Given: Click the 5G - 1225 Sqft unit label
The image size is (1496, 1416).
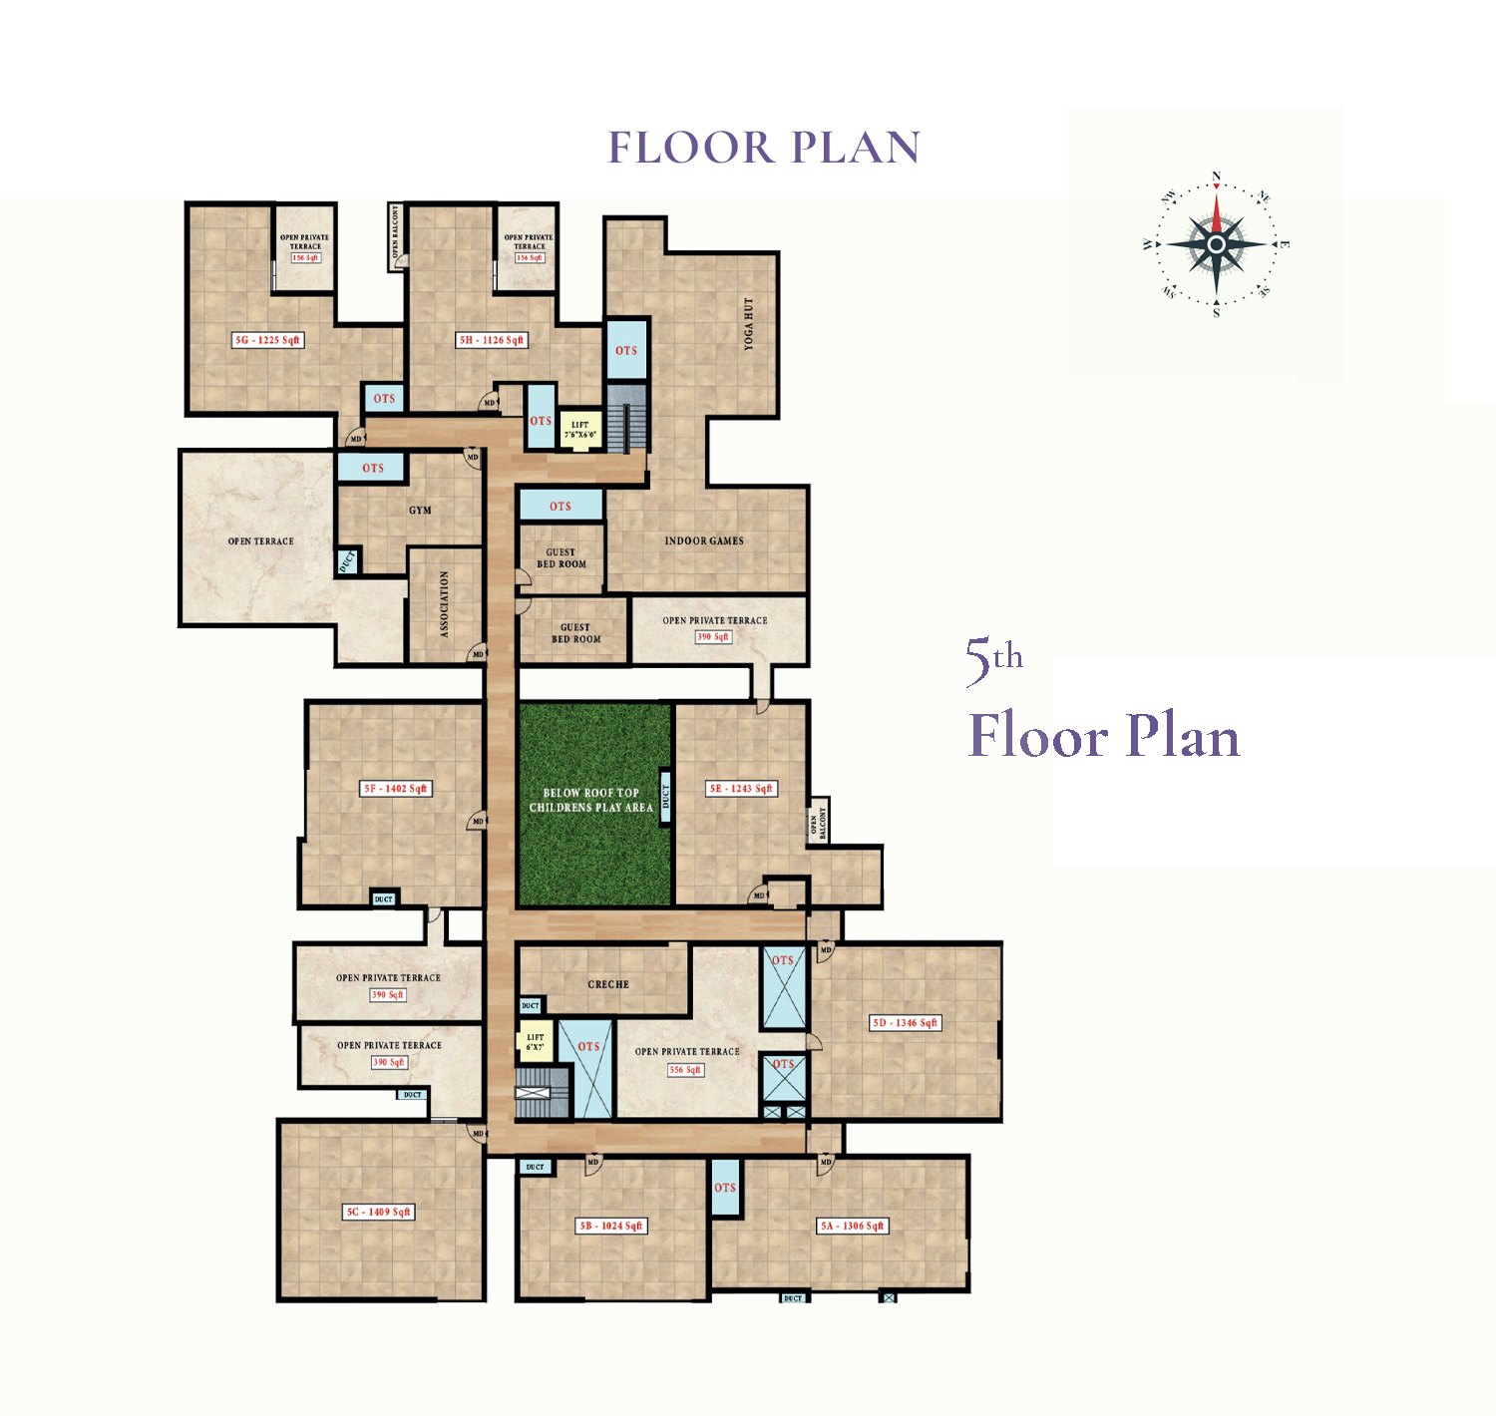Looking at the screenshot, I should click(266, 340).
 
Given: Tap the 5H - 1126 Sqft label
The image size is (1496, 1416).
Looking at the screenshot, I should click(491, 340).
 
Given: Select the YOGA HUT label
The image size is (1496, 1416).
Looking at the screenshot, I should click(748, 323).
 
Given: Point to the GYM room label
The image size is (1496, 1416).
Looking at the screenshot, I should click(420, 511).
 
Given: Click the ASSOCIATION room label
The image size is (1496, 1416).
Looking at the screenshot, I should click(445, 603).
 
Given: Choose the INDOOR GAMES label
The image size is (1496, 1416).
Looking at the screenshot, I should click(704, 540).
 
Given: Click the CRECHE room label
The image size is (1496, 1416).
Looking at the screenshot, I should click(608, 984).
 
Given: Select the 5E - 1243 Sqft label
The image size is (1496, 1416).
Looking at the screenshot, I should click(741, 789).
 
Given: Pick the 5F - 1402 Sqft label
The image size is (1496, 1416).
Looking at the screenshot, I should click(395, 789).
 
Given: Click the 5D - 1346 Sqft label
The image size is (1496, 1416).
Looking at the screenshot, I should click(905, 1023).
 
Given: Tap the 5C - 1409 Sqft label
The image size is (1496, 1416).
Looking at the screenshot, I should click(378, 1213).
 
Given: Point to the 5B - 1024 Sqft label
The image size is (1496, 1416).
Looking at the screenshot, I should click(611, 1227).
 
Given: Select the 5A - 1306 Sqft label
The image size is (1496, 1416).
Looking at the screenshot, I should click(852, 1227).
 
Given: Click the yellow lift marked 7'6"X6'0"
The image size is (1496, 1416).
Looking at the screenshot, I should click(579, 430).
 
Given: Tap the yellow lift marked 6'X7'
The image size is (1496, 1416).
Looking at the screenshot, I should click(536, 1042).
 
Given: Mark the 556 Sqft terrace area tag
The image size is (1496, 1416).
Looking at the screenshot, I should click(685, 1070).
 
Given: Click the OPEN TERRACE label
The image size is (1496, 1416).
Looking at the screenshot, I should click(260, 541).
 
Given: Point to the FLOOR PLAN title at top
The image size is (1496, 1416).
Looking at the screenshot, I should click(764, 148).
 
